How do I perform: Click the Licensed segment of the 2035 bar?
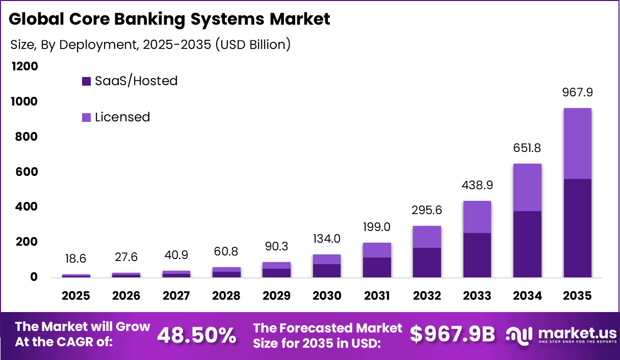577,143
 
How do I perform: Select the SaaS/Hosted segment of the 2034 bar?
527,244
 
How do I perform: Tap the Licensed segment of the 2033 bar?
477,217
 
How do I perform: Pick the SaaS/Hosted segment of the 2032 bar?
427,262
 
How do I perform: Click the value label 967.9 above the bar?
577,93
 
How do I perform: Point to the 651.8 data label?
527,148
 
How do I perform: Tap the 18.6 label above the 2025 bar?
76,259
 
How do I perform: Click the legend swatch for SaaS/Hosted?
86,81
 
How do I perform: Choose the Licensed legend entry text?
122,117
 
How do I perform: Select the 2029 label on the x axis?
277,296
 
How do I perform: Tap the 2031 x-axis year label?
377,296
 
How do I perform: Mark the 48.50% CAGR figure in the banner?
197,335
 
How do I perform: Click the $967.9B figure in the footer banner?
453,334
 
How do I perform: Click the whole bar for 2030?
327,266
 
